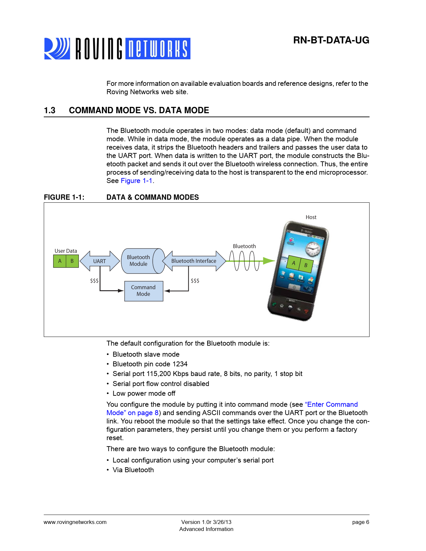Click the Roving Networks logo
point(117,49)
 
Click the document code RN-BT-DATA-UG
point(331,40)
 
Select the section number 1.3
point(50,111)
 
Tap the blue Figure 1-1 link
point(136,181)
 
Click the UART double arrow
point(100,261)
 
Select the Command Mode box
point(144,291)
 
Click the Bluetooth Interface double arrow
point(194,261)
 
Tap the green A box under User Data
point(60,261)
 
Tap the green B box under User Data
point(72,261)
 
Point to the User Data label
point(66,251)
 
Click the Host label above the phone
point(311,217)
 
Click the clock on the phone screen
point(313,248)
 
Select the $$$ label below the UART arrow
point(94,281)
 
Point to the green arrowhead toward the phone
point(269,261)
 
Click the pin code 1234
point(180,364)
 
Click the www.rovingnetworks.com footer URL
point(75,522)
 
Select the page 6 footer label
point(361,522)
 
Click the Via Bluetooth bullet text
point(133,470)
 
